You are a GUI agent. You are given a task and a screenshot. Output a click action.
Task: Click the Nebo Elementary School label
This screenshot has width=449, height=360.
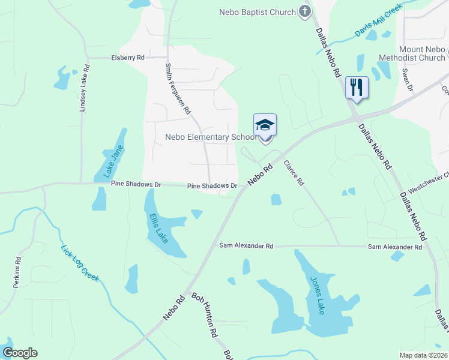pyautogui.click(x=211, y=137)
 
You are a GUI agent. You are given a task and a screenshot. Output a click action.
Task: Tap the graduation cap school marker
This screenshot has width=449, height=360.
pyautogui.click(x=265, y=125)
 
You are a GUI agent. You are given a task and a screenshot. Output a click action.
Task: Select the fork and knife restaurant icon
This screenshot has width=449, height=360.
pyautogui.click(x=357, y=88)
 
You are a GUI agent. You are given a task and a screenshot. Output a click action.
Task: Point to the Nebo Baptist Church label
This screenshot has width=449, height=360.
pyautogui.click(x=258, y=12)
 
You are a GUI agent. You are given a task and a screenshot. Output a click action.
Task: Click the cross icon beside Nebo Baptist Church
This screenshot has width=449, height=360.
pyautogui.click(x=305, y=11)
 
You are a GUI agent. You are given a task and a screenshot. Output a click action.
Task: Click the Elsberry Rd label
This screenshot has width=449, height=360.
pyautogui.click(x=128, y=58)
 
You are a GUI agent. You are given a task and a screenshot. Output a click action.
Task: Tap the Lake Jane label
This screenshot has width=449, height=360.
pyautogui.click(x=113, y=161)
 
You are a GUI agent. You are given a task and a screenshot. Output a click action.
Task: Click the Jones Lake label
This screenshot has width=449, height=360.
pyautogui.click(x=317, y=295)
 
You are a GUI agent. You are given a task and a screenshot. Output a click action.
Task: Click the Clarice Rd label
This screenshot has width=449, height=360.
pyautogui.click(x=294, y=173)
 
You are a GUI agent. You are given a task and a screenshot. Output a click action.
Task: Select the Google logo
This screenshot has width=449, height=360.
pyautogui.click(x=20, y=353)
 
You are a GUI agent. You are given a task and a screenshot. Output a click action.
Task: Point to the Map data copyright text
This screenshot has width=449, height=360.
pyautogui.click(x=423, y=355)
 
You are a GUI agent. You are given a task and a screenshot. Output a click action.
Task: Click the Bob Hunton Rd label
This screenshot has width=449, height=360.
pyautogui.click(x=204, y=317)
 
